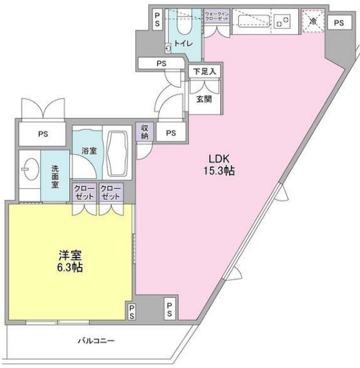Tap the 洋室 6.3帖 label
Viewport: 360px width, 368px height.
pyautogui.click(x=69, y=260)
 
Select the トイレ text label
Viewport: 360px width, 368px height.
pyautogui.click(x=182, y=43)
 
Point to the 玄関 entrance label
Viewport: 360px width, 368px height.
pyautogui.click(x=203, y=100)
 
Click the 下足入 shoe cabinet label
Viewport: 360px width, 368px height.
pyautogui.click(x=203, y=71)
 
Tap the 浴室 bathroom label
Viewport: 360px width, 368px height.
pyautogui.click(x=89, y=152)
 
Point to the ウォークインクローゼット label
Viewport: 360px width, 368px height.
pyautogui.click(x=217, y=16)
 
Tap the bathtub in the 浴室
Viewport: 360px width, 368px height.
pyautogui.click(x=120, y=152)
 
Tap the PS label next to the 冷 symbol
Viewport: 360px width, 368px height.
pyautogui.click(x=339, y=23)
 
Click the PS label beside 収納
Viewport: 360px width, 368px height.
pyautogui.click(x=171, y=133)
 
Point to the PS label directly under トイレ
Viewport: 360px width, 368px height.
pyautogui.click(x=161, y=63)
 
